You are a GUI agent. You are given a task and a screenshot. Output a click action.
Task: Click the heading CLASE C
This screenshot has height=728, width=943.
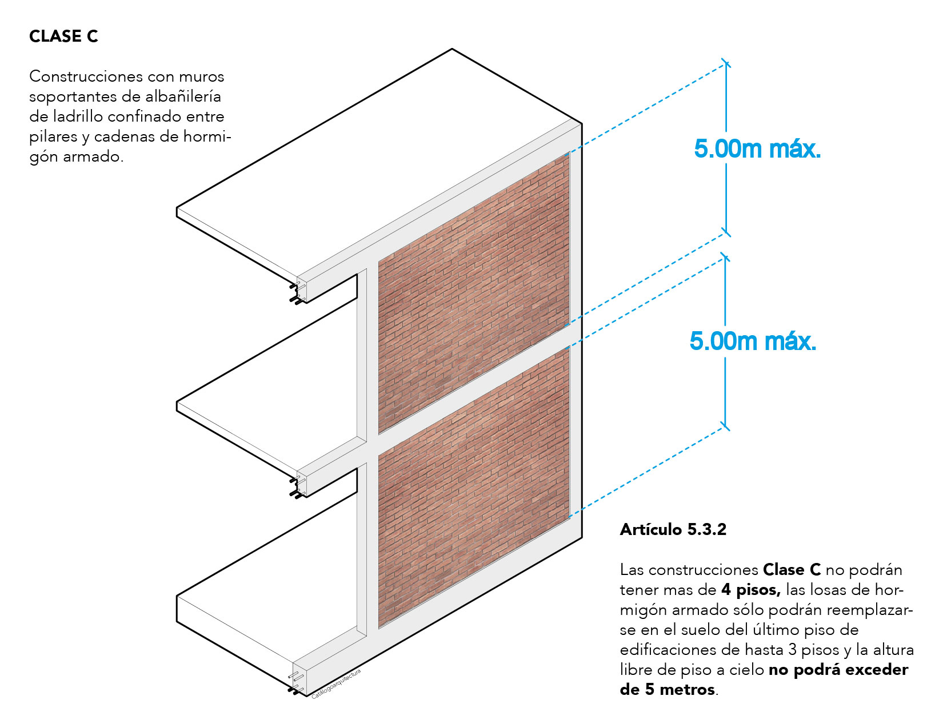point(63,37)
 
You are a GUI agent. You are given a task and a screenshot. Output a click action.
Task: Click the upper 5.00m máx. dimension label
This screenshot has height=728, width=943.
point(757,148)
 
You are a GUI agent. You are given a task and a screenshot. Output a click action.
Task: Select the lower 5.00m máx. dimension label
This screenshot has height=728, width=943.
point(753,341)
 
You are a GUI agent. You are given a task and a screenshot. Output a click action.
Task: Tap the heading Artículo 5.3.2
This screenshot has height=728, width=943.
point(673,529)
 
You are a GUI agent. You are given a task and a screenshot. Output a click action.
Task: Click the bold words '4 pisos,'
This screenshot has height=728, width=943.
point(751,590)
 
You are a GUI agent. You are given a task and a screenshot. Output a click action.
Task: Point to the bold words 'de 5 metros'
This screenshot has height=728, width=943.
point(668,689)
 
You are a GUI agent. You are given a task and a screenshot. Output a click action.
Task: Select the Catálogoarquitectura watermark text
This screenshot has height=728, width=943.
point(336,684)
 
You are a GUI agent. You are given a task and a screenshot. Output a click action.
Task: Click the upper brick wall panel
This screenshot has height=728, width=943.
point(473,293)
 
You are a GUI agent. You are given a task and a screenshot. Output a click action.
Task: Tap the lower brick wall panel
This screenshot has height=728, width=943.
point(473,487)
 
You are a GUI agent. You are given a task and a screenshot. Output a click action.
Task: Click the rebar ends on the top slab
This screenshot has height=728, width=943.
point(297,293)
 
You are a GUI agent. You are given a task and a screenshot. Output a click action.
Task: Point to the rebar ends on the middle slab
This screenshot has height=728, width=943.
point(297,488)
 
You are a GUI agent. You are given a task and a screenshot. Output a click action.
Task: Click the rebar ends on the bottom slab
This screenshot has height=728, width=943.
point(297,682)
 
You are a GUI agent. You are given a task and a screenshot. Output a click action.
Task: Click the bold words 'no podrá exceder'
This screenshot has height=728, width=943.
point(838,670)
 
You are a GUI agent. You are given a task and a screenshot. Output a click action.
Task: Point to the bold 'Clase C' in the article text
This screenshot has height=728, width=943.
point(792,570)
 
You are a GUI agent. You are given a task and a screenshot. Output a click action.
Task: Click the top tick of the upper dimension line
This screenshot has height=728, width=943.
point(726,63)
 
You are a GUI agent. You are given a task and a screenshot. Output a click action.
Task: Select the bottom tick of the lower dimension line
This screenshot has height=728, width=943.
point(725,426)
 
